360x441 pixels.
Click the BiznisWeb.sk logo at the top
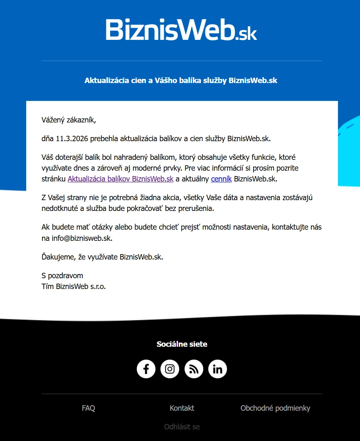(x=181, y=29)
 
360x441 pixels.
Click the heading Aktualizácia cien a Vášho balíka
(x=181, y=81)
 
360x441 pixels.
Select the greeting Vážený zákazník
(x=69, y=120)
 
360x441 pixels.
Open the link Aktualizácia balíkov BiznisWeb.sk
(x=120, y=179)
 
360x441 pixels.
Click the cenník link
(x=221, y=179)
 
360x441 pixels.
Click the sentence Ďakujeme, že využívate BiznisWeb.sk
(x=102, y=257)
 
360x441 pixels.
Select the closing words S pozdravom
(x=62, y=276)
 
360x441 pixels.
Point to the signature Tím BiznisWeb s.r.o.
(x=74, y=286)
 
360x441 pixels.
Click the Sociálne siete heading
(x=182, y=344)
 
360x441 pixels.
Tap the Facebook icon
(x=146, y=369)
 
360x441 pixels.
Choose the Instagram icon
(x=170, y=369)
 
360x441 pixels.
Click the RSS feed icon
(x=194, y=369)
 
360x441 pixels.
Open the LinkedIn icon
(x=217, y=369)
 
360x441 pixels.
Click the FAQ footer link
(x=89, y=408)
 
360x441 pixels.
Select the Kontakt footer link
(x=182, y=408)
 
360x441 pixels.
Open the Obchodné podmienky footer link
(x=275, y=408)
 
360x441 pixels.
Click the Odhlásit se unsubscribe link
(x=182, y=427)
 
